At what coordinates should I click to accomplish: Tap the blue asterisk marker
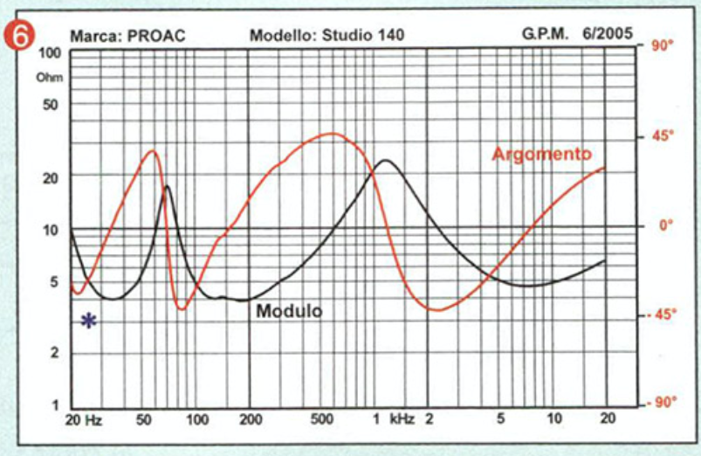(x=88, y=321)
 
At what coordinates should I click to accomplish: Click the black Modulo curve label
(x=289, y=310)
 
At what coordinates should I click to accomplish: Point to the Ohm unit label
(x=45, y=78)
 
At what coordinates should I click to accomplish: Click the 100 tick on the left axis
(x=50, y=52)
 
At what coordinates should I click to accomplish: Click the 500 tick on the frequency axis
(x=323, y=419)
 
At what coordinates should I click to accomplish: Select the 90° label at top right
(x=662, y=45)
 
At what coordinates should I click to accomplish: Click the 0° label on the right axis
(x=666, y=225)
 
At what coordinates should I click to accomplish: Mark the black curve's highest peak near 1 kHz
(x=386, y=160)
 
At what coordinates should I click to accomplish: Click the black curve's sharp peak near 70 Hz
(x=167, y=186)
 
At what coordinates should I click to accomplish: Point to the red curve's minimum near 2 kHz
(x=438, y=310)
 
